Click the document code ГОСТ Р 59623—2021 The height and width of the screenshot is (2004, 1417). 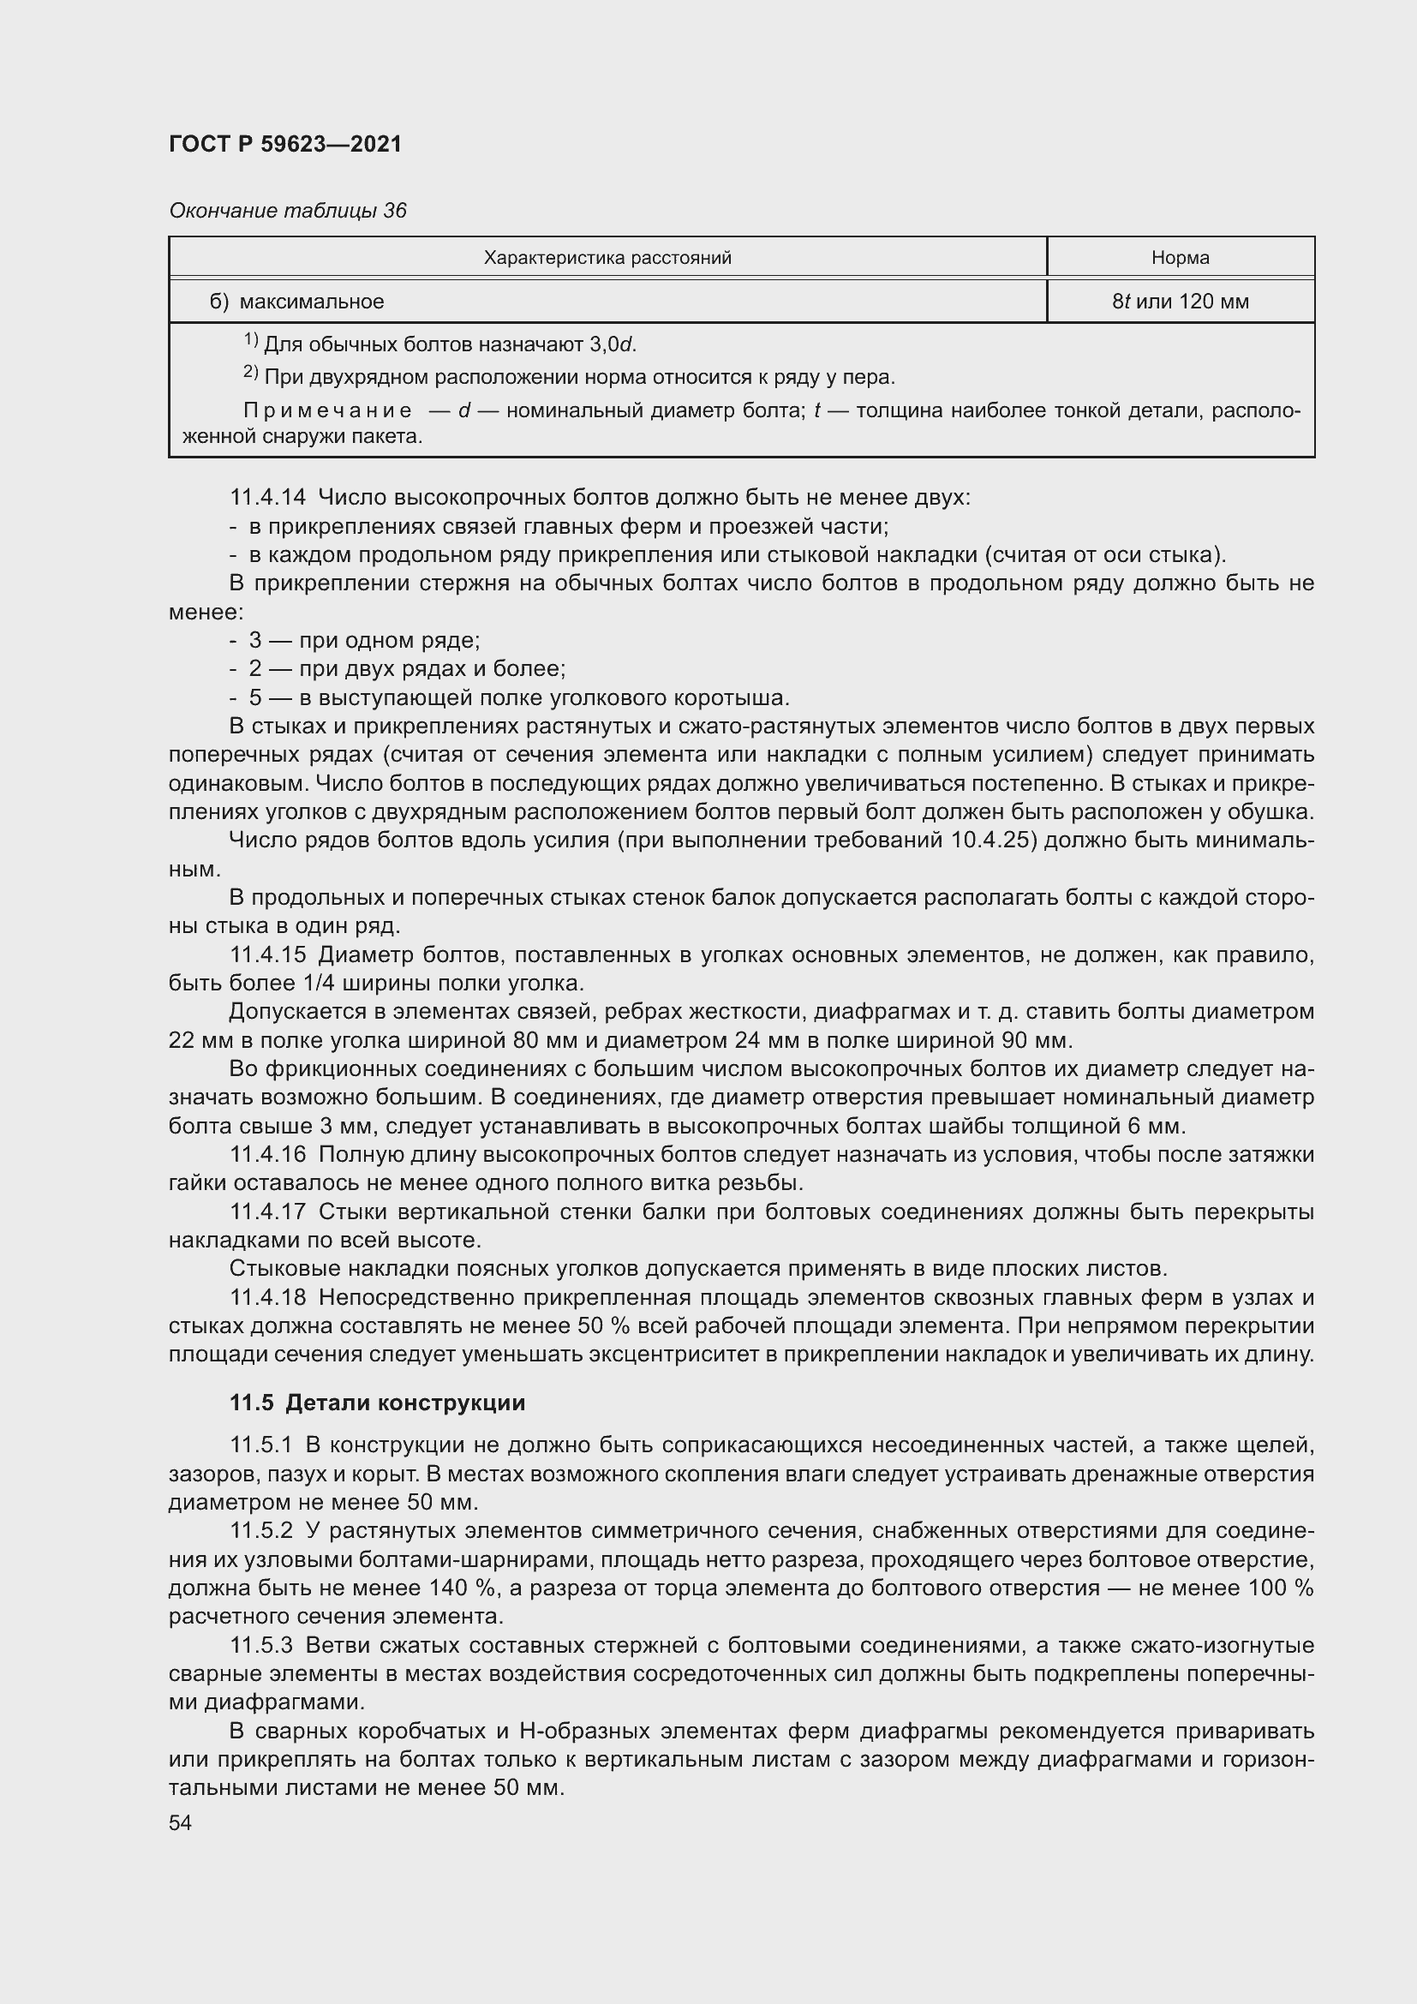[285, 144]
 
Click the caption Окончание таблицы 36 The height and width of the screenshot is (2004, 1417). [287, 211]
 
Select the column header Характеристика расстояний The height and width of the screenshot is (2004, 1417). [607, 258]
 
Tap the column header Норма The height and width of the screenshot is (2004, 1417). [1180, 258]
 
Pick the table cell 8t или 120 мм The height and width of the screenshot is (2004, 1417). [1180, 302]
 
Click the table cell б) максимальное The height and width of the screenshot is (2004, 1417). [296, 302]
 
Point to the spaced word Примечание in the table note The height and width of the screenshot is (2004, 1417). [327, 410]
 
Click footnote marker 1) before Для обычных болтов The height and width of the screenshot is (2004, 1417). [250, 339]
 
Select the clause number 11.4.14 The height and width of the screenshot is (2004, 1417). [268, 498]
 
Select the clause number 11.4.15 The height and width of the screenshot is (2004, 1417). [268, 954]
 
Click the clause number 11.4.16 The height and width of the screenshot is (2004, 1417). [268, 1155]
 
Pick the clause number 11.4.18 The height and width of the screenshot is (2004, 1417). [268, 1298]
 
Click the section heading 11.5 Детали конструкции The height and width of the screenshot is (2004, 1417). [377, 1403]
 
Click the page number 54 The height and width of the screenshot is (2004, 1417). [180, 1823]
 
